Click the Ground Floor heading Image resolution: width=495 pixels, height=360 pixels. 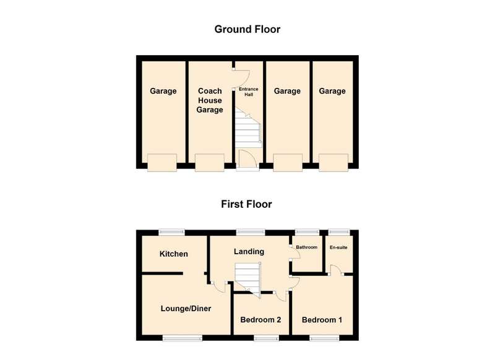pyautogui.click(x=247, y=29)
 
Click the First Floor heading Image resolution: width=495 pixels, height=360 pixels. pyautogui.click(x=246, y=204)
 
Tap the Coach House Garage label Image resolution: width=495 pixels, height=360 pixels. pyautogui.click(x=210, y=100)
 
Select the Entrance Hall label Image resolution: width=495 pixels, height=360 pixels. pyautogui.click(x=249, y=92)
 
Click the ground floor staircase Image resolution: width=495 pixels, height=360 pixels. pyautogui.click(x=249, y=128)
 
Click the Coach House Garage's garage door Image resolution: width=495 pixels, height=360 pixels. pyautogui.click(x=210, y=163)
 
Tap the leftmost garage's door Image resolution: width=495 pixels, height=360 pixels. pyautogui.click(x=162, y=163)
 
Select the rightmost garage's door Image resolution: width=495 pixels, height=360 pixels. pyautogui.click(x=334, y=163)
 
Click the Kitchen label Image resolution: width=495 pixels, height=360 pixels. pyautogui.click(x=174, y=254)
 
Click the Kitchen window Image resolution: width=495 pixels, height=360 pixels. pyautogui.click(x=172, y=233)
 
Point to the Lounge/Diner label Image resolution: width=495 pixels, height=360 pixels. pyautogui.click(x=186, y=309)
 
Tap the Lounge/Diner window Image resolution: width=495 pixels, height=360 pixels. pyautogui.click(x=183, y=338)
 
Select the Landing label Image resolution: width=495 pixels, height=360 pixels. pyautogui.click(x=249, y=252)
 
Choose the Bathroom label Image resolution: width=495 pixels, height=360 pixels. pyautogui.click(x=306, y=247)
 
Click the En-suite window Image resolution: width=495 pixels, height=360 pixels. pyautogui.click(x=339, y=232)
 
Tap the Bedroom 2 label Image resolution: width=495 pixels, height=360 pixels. pyautogui.click(x=260, y=320)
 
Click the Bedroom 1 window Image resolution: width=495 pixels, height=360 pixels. pyautogui.click(x=324, y=338)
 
